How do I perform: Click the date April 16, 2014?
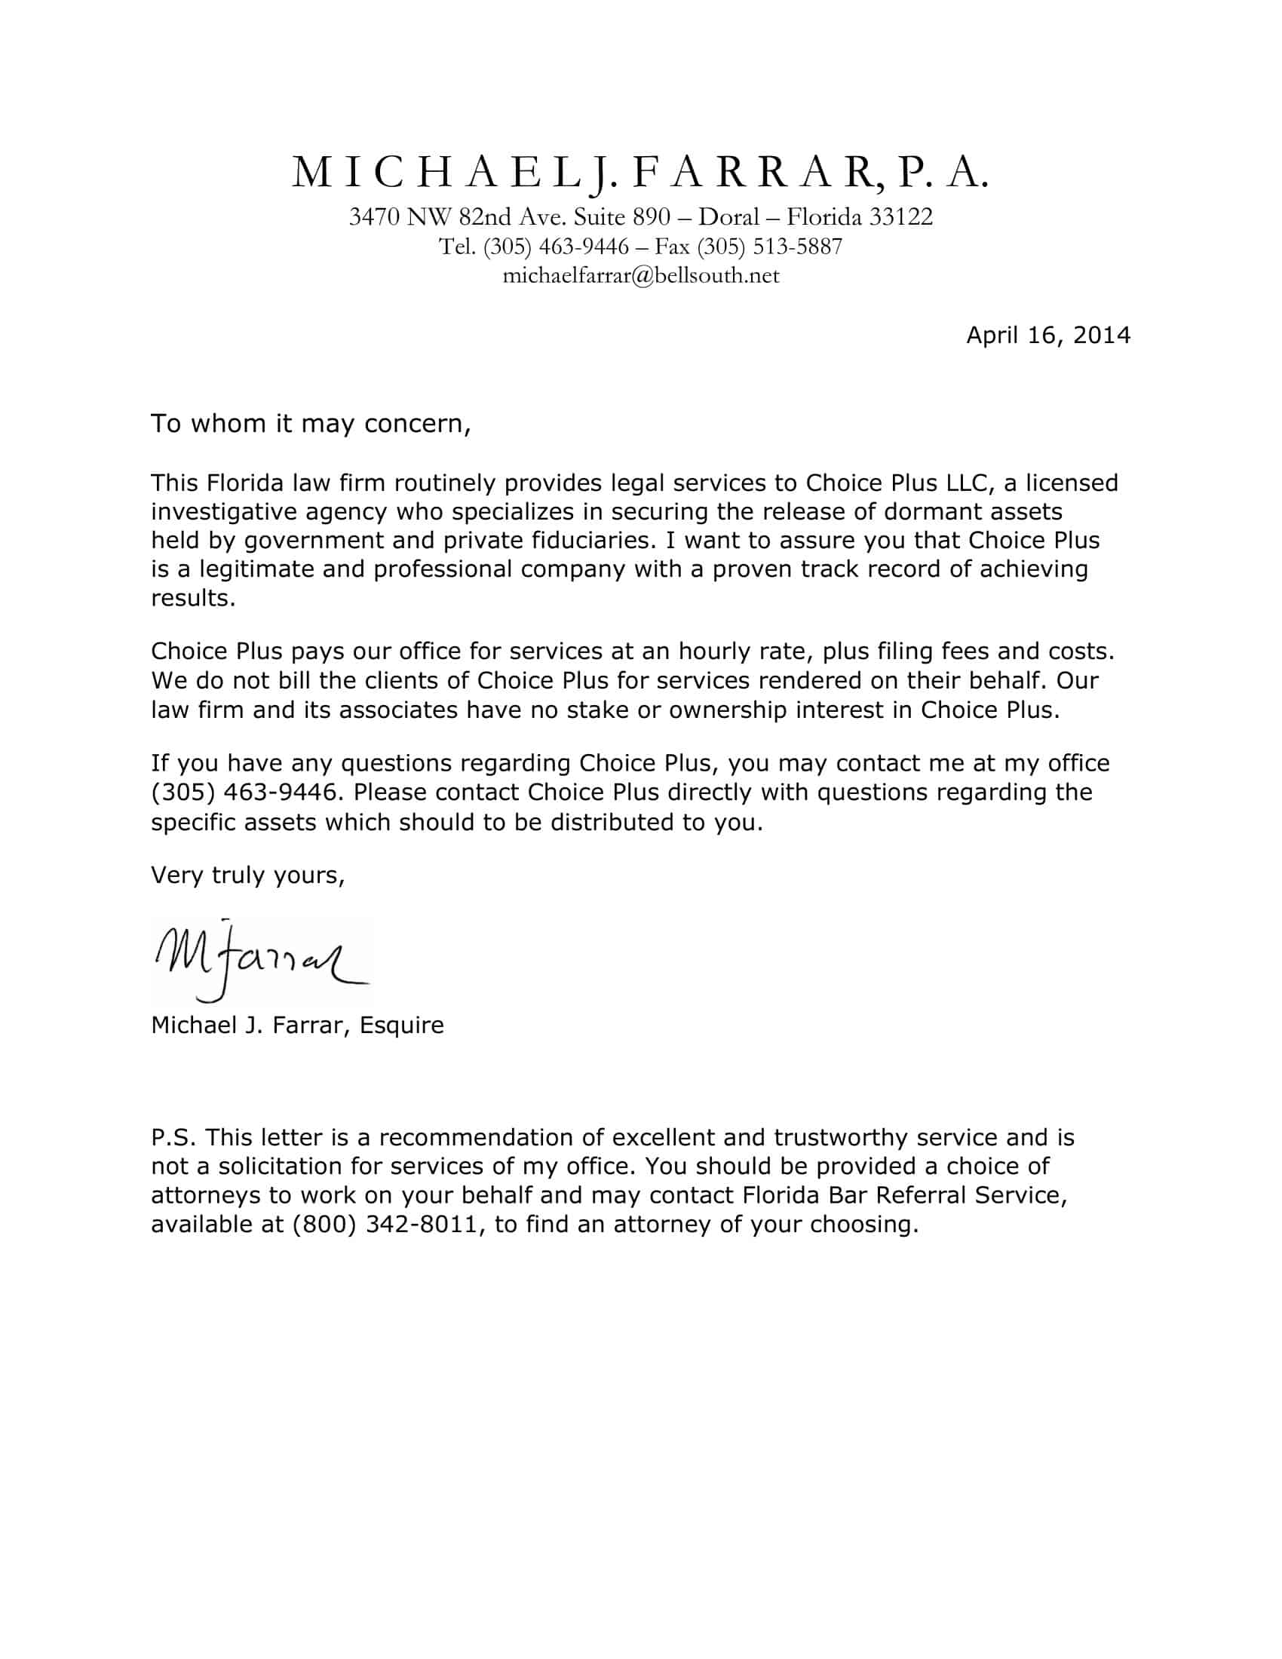point(1047,335)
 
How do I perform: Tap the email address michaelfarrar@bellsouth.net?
point(641,275)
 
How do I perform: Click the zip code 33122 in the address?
point(900,217)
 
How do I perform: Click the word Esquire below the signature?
point(401,1025)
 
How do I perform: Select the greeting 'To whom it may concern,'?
point(311,423)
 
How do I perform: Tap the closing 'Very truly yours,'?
point(247,875)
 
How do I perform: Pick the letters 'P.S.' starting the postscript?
point(174,1137)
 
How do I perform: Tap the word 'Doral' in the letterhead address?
point(729,217)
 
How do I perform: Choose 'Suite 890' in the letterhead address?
point(621,217)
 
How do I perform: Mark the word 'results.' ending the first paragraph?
point(193,598)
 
